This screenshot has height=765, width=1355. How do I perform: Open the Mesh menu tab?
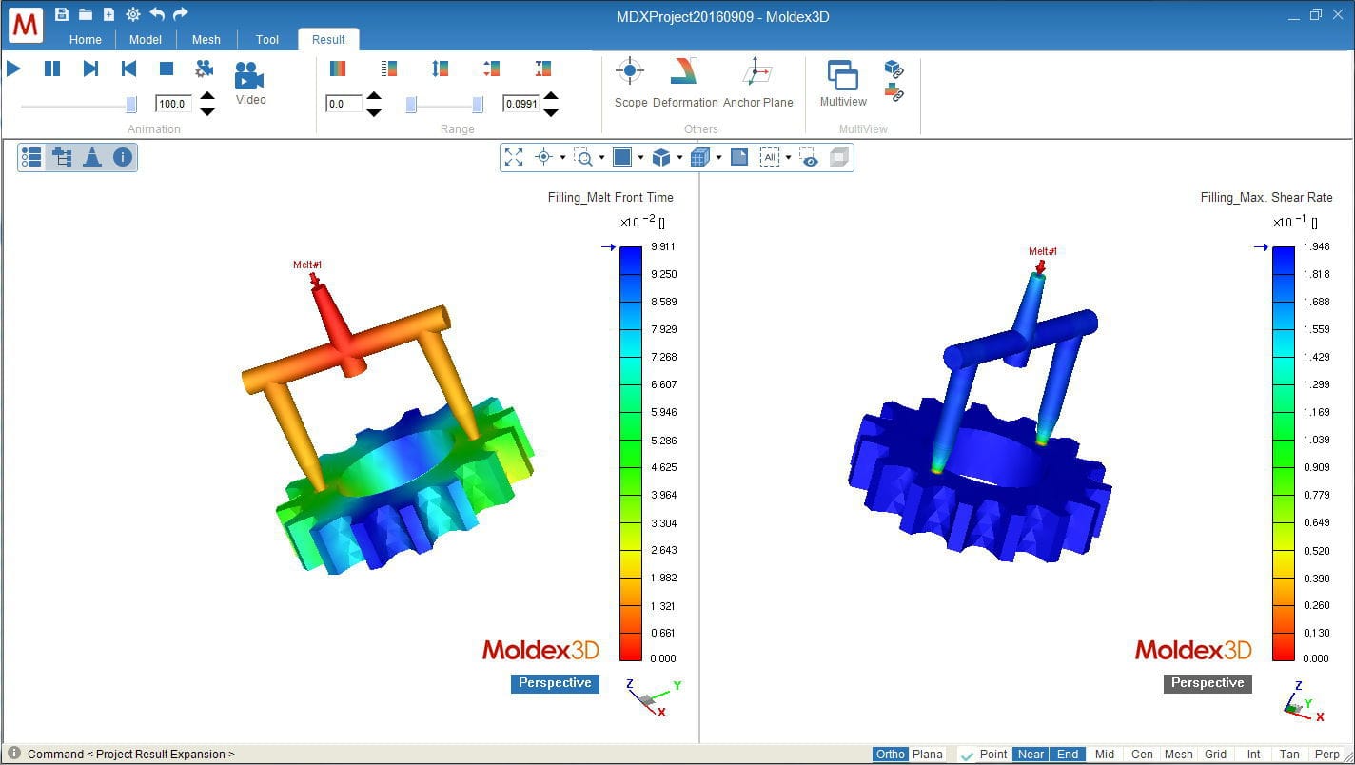click(x=206, y=39)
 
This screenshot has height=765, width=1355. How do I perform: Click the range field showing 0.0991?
click(x=521, y=104)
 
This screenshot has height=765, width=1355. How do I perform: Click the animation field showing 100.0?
click(x=173, y=104)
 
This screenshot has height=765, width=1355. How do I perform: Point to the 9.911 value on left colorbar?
click(x=663, y=247)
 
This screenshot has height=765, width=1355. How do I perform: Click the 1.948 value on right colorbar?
click(x=1316, y=247)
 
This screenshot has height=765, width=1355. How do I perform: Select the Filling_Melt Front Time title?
click(x=610, y=198)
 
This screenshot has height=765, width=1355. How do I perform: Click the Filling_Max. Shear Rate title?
click(x=1266, y=198)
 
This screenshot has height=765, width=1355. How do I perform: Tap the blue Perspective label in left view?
click(x=555, y=683)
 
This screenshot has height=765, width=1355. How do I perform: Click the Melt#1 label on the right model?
click(x=1042, y=251)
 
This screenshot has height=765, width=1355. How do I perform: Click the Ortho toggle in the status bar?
click(x=891, y=755)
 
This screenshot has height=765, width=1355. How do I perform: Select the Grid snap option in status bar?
click(x=1215, y=755)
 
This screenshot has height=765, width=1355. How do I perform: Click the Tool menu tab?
click(x=267, y=39)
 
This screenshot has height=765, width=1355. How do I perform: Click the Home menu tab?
click(x=86, y=39)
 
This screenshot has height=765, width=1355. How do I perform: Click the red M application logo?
click(x=26, y=26)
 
